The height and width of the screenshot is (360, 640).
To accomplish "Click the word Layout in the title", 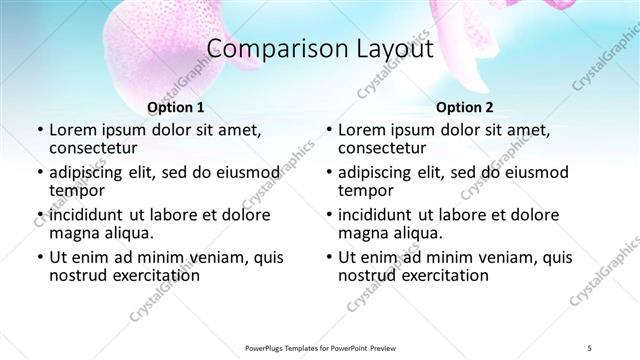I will point(387,49).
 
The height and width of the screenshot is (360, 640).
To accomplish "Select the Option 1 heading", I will point(175,107).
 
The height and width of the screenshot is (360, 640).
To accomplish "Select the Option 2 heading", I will point(465,107).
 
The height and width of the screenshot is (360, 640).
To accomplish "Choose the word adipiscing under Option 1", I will point(89,172).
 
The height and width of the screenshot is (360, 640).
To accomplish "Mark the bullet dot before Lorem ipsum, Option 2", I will point(328,131).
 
